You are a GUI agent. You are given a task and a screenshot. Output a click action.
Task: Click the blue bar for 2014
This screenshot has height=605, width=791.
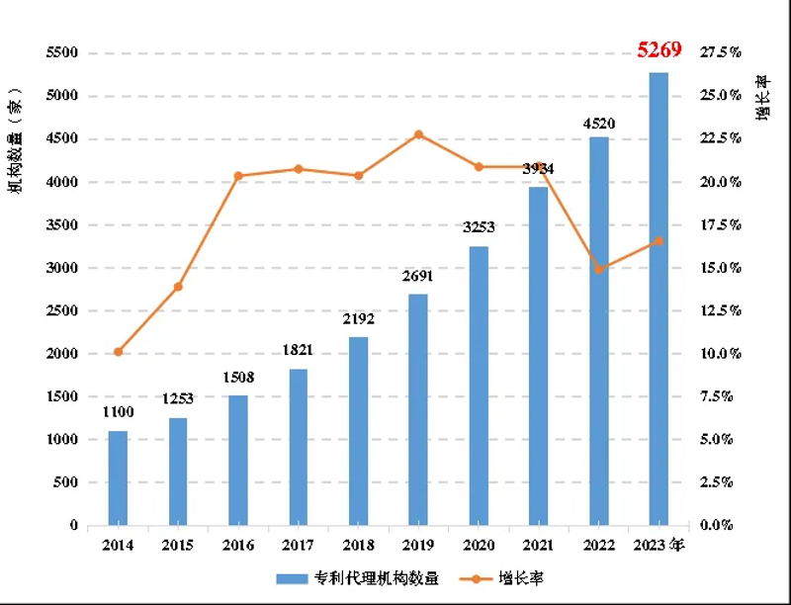(x=118, y=477)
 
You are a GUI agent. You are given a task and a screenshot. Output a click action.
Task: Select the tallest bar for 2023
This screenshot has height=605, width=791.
(x=659, y=297)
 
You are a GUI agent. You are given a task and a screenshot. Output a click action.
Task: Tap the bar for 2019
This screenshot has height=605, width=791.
(x=418, y=409)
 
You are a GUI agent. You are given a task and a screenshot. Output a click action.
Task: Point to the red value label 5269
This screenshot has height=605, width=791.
(x=659, y=49)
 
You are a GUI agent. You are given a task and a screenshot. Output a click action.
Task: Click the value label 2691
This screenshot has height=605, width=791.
(x=418, y=277)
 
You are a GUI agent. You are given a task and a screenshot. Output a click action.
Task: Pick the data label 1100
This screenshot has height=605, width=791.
(x=118, y=412)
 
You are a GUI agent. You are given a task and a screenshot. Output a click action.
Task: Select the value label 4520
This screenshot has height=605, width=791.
(x=599, y=124)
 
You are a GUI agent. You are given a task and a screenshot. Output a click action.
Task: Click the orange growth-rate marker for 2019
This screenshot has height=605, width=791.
(x=418, y=134)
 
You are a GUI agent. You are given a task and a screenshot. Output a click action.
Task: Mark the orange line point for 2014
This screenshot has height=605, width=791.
(x=118, y=352)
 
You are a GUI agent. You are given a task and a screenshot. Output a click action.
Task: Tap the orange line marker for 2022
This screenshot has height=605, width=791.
(x=599, y=269)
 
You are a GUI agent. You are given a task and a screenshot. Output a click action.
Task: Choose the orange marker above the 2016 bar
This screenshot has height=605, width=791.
(x=238, y=176)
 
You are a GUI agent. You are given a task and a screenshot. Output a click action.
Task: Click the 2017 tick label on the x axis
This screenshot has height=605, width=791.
(x=298, y=546)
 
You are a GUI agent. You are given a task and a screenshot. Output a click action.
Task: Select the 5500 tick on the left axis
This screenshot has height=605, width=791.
(x=61, y=53)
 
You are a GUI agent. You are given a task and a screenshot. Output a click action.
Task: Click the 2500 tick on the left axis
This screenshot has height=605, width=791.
(x=61, y=310)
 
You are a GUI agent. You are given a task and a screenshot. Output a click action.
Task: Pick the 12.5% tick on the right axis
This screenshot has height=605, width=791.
(x=720, y=310)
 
